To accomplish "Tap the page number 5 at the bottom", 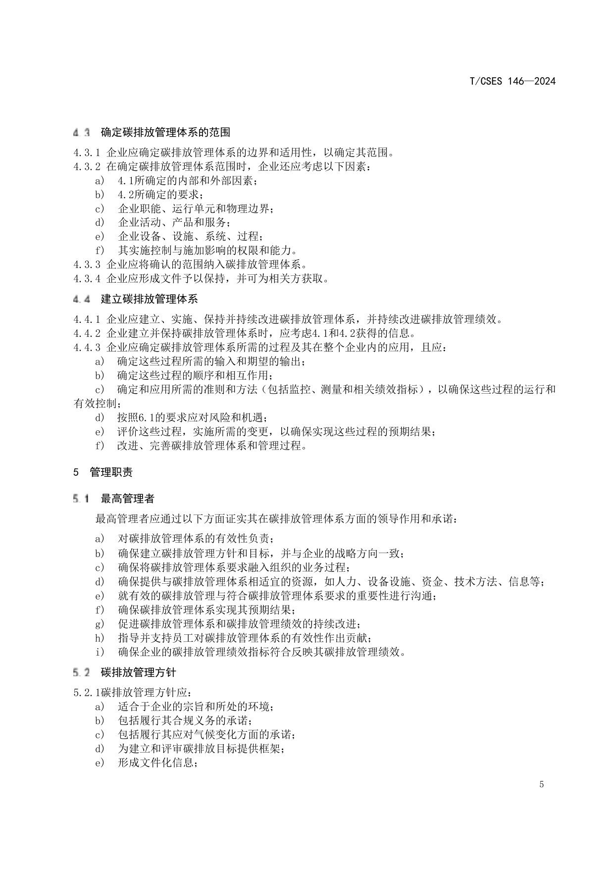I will click(541, 784).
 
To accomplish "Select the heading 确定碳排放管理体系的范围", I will click(165, 132).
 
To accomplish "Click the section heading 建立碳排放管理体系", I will click(149, 299).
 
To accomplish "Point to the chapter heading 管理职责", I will click(111, 472).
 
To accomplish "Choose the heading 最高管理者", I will click(127, 499).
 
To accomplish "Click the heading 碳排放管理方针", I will click(138, 672).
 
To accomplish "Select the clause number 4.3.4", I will click(87, 278).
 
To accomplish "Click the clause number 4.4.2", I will click(87, 333).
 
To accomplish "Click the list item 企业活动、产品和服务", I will click(173, 222).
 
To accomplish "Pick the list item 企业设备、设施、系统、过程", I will click(190, 236).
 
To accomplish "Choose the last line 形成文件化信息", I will click(157, 763).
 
